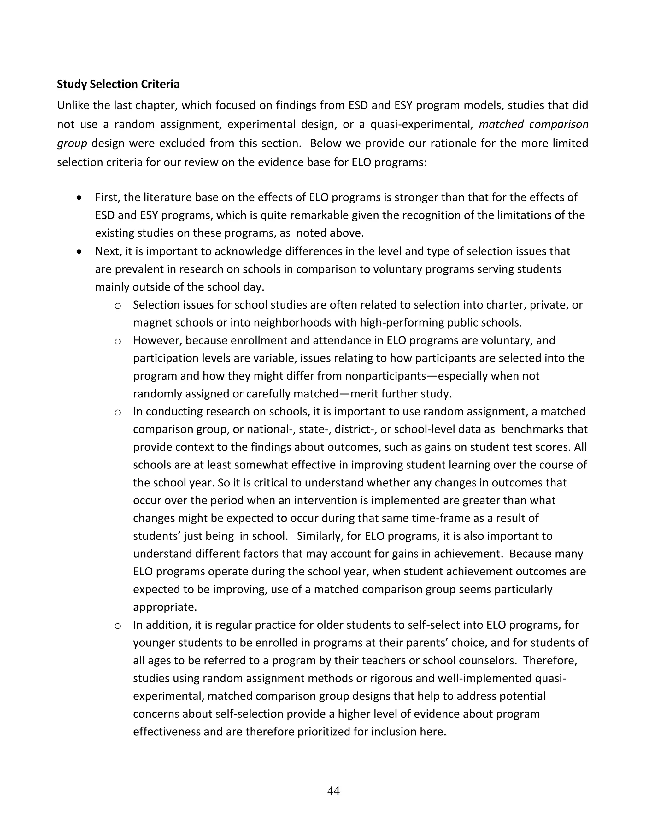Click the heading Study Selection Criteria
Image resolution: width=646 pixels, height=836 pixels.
[118, 84]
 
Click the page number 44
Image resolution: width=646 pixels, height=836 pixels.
[333, 791]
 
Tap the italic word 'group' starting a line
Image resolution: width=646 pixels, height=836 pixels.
[72, 144]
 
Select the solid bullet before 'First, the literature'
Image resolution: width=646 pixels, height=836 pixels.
[79, 198]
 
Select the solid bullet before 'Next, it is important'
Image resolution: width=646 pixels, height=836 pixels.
[79, 252]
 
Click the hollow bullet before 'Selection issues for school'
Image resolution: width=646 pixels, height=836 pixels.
[118, 306]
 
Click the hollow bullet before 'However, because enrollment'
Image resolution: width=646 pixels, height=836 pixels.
[118, 341]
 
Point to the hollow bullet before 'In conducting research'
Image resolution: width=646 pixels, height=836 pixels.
[118, 413]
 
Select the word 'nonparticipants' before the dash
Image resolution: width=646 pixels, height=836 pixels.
[385, 376]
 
